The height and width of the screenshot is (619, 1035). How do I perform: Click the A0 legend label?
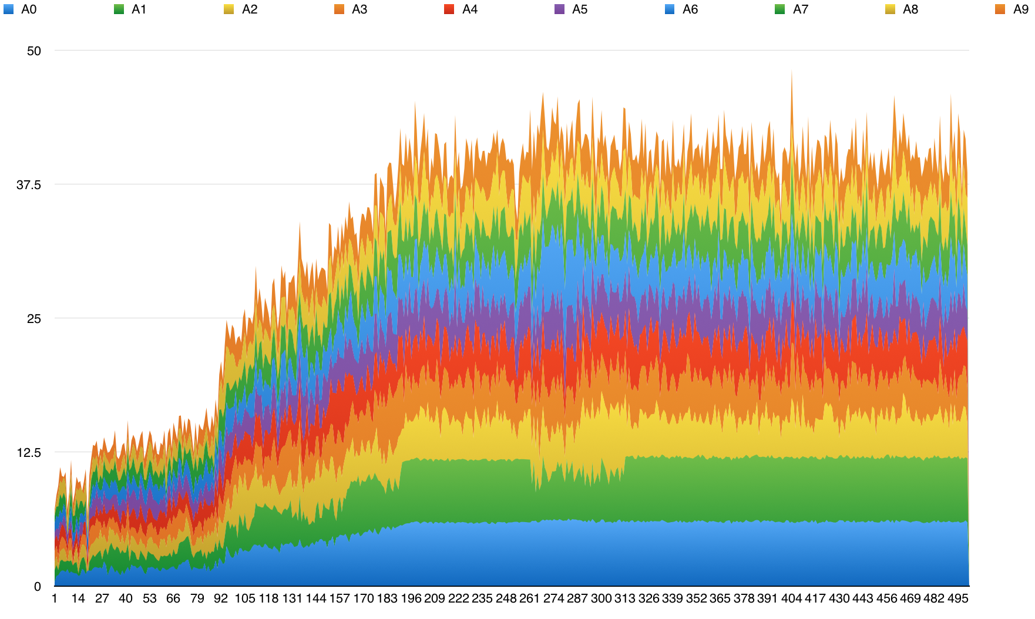click(x=28, y=9)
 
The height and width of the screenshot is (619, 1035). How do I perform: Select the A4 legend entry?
click(x=469, y=9)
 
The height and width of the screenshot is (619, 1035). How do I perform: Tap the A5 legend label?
click(x=579, y=9)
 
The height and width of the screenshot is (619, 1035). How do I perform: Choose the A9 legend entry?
click(x=1020, y=9)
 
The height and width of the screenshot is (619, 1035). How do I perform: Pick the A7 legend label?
click(x=800, y=9)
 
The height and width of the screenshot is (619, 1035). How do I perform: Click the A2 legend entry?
click(x=249, y=9)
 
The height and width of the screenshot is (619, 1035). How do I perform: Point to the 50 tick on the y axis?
click(x=34, y=51)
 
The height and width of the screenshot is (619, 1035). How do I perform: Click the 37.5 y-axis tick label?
click(x=29, y=185)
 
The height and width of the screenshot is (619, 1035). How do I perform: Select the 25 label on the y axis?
click(x=34, y=319)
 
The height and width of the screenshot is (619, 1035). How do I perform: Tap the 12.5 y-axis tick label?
click(x=29, y=453)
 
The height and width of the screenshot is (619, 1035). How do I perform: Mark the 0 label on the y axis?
click(x=38, y=587)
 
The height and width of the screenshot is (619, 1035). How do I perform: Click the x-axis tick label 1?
click(x=55, y=598)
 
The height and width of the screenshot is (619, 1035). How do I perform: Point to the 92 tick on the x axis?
click(x=221, y=598)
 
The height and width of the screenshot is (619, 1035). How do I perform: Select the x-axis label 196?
click(x=411, y=598)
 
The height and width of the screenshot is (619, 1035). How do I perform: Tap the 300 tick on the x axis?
click(x=601, y=598)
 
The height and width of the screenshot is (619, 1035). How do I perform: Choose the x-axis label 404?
click(x=791, y=598)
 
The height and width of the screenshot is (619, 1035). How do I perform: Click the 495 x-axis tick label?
click(x=957, y=598)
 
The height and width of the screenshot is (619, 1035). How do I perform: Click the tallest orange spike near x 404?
click(x=792, y=73)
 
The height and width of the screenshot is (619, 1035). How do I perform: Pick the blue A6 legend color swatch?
click(x=670, y=9)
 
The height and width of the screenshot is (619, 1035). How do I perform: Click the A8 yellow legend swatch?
click(x=890, y=9)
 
